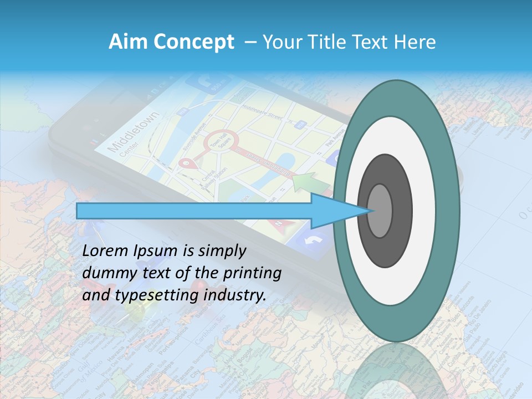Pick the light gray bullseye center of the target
[x=380, y=211]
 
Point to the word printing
[x=252, y=274]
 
